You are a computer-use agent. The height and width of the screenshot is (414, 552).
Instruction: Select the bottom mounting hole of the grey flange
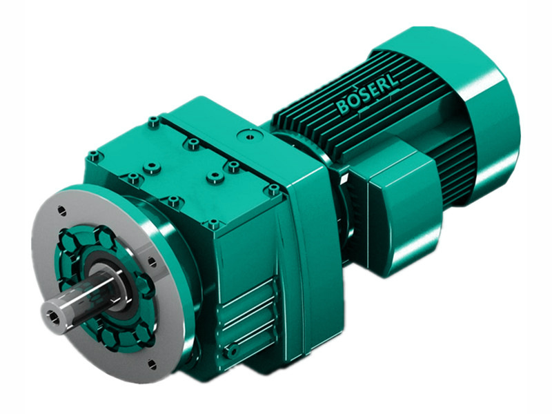(x=150, y=364)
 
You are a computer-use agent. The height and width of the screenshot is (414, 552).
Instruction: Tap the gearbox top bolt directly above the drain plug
(x=213, y=224)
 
